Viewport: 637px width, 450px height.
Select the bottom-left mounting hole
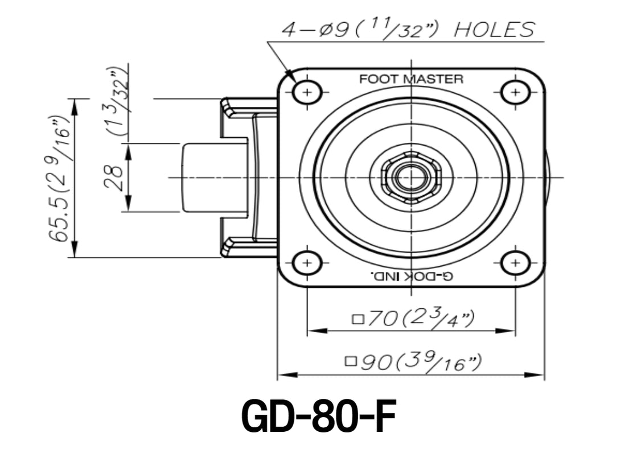click(x=307, y=262)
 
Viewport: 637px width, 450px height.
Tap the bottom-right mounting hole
click(x=515, y=262)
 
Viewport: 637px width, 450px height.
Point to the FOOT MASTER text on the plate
click(x=411, y=79)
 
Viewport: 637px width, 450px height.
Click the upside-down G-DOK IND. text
click(x=411, y=276)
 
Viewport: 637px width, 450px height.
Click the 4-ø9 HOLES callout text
click(x=408, y=30)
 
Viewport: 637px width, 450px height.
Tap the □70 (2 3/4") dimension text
click(x=413, y=319)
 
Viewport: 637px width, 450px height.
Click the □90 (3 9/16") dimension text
click(x=414, y=361)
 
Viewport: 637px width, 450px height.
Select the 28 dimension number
click(x=114, y=177)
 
